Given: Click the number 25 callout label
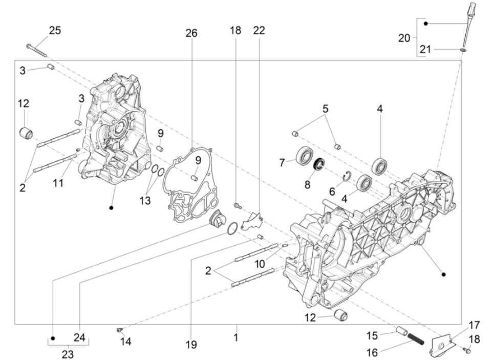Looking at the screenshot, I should pos(54,30).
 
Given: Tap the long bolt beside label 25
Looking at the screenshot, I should pos(37,50).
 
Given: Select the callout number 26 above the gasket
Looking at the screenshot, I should pos(191,33).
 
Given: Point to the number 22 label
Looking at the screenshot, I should pos(259,30).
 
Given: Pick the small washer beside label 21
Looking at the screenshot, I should pos(462,50).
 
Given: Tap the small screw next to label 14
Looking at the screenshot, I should pos(119,329).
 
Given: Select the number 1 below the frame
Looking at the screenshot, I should pos(236,338).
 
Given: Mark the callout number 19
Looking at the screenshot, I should pos(191,345).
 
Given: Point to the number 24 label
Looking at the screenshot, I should pos(79,337).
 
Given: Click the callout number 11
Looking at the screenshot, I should pos(58,182).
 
